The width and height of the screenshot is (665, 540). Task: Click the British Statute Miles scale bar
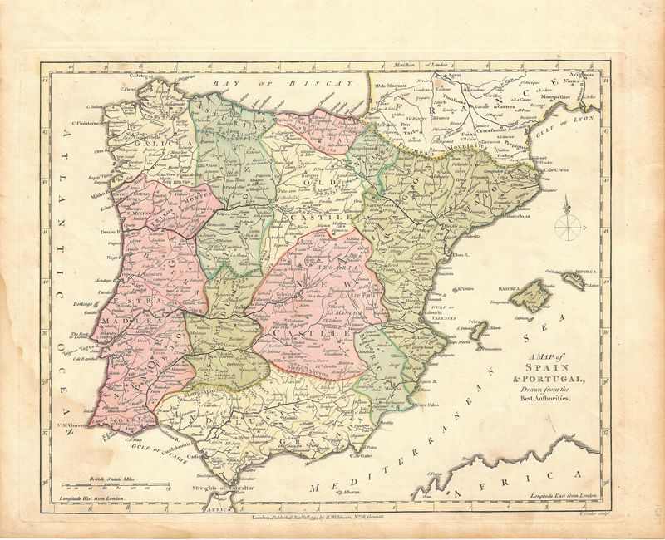click(x=112, y=486)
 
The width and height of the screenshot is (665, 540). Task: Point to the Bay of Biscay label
click(x=266, y=86)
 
